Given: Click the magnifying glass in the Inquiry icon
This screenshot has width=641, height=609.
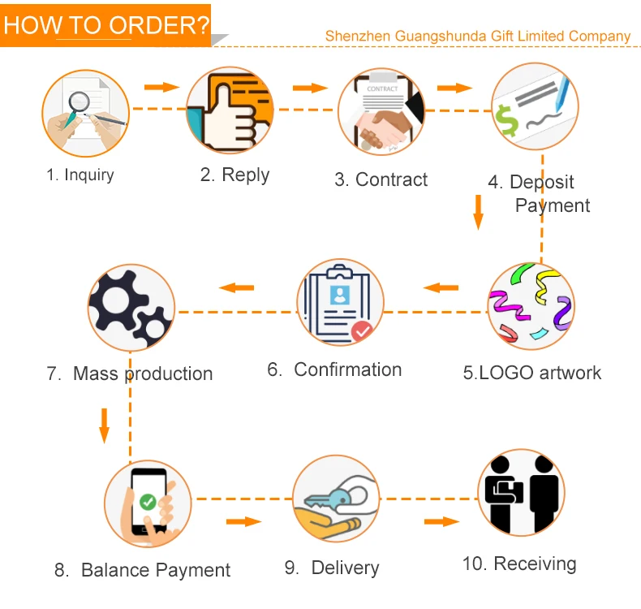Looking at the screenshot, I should [x=78, y=103].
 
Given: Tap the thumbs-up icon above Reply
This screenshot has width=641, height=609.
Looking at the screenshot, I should [x=229, y=110].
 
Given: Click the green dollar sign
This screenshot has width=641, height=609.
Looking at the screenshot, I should [x=508, y=121].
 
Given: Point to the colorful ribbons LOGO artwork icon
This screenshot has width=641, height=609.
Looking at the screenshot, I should [x=531, y=305].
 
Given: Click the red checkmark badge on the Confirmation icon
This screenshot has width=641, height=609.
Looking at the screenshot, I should [x=361, y=330].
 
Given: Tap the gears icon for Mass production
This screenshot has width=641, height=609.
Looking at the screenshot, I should [x=131, y=308].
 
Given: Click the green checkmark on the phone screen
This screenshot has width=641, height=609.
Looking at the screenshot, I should [x=148, y=502].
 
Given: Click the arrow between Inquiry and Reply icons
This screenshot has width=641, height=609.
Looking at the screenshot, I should [x=161, y=87].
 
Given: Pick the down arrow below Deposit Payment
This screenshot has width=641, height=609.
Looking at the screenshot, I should [x=478, y=210].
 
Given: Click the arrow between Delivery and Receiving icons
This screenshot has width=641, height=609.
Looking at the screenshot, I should [x=441, y=520].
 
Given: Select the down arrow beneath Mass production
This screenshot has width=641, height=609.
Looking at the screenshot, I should [x=104, y=425].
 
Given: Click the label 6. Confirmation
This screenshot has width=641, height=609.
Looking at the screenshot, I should [x=334, y=369].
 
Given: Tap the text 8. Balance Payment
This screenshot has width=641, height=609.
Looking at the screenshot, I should [x=143, y=570].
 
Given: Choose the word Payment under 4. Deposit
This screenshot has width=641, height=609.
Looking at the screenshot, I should [x=553, y=205].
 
